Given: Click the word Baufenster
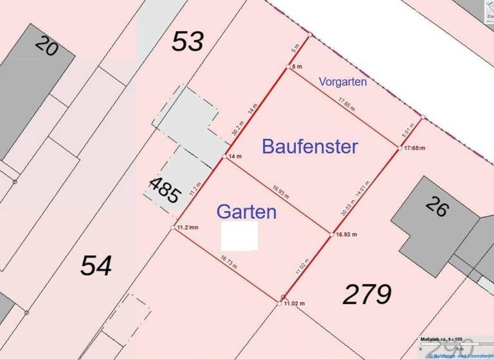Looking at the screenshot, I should [309, 147].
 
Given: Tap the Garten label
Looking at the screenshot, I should [246, 212].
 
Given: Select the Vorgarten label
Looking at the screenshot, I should [343, 82].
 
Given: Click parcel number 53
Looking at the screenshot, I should [188, 42].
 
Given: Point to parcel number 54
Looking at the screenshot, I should [96, 265].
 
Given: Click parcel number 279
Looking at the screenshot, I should [367, 294].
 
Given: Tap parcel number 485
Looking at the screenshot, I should [164, 190].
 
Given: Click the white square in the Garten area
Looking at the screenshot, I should [239, 236].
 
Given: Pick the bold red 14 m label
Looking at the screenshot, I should [235, 157].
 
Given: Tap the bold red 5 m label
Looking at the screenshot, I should [297, 67].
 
